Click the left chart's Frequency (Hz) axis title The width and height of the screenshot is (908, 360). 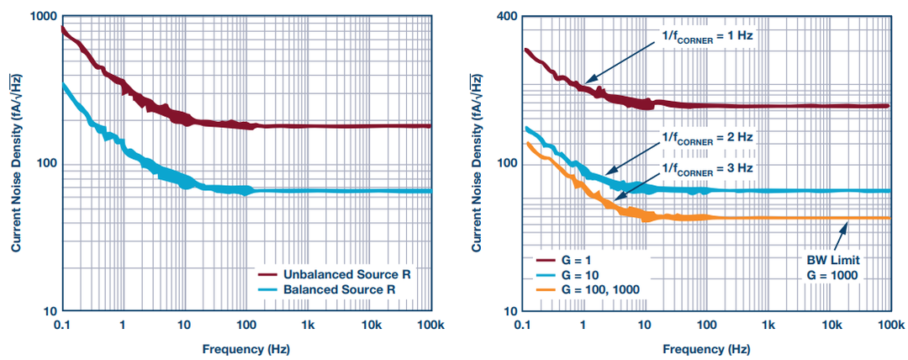point(247,347)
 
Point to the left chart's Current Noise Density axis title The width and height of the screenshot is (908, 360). point(15,164)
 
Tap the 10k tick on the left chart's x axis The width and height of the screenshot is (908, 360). point(370,324)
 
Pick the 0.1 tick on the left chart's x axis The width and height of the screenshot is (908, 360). point(61,324)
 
